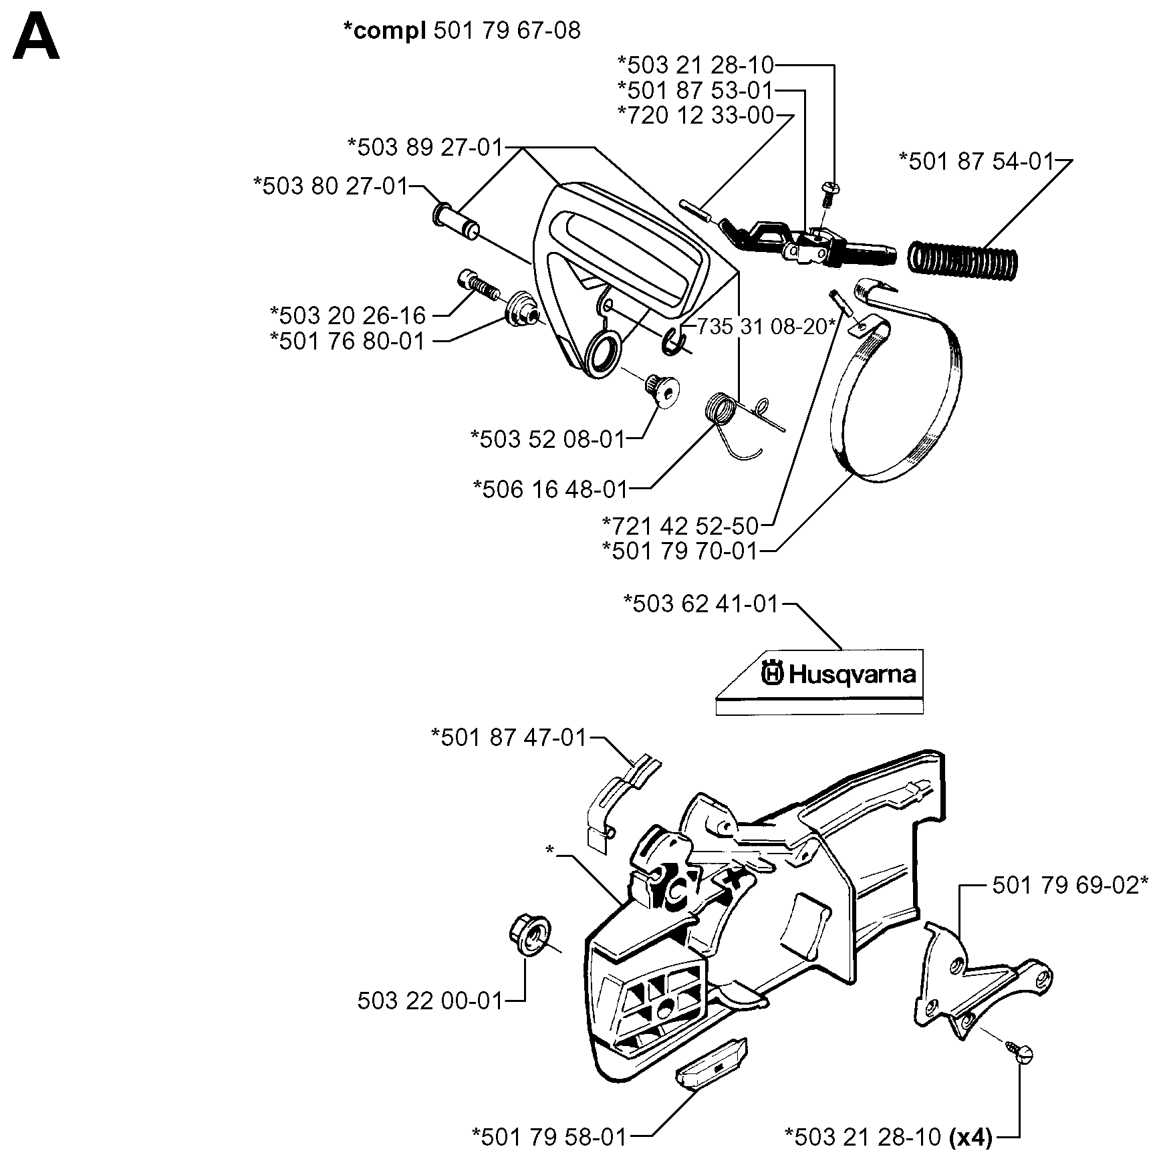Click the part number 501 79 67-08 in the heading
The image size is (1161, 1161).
point(507,31)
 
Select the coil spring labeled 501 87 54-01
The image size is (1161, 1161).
point(963,257)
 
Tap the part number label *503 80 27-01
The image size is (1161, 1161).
point(331,186)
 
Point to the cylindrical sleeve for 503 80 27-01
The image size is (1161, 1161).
point(457,219)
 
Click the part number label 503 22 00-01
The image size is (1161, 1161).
point(430,1001)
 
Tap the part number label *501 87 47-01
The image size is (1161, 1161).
point(509,738)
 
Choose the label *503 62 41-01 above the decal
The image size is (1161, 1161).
point(701,604)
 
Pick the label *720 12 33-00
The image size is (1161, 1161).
point(696,116)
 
